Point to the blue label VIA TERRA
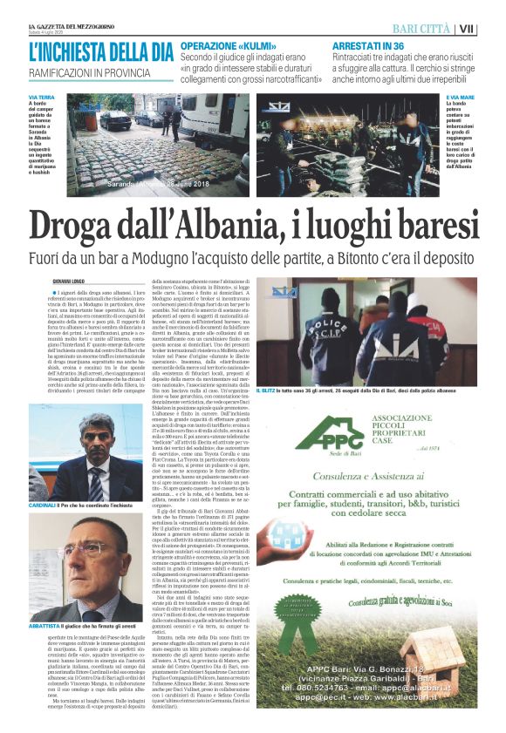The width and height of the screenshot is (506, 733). [x=41, y=97]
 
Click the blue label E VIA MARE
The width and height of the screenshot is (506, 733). [x=461, y=97]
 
